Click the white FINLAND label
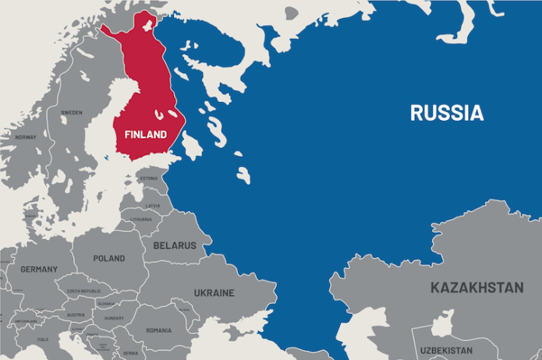146,135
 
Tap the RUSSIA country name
447,113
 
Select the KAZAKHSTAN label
476,288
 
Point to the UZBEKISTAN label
447,351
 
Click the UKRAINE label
214,293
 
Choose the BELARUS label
175,245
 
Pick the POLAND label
108,258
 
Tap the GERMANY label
39,269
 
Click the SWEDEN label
72,113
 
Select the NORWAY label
26,137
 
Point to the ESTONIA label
149,178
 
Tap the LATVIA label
153,206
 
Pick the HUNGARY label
114,318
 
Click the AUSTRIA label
76,315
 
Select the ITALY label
43,339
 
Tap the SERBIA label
130,353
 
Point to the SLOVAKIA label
106,303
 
